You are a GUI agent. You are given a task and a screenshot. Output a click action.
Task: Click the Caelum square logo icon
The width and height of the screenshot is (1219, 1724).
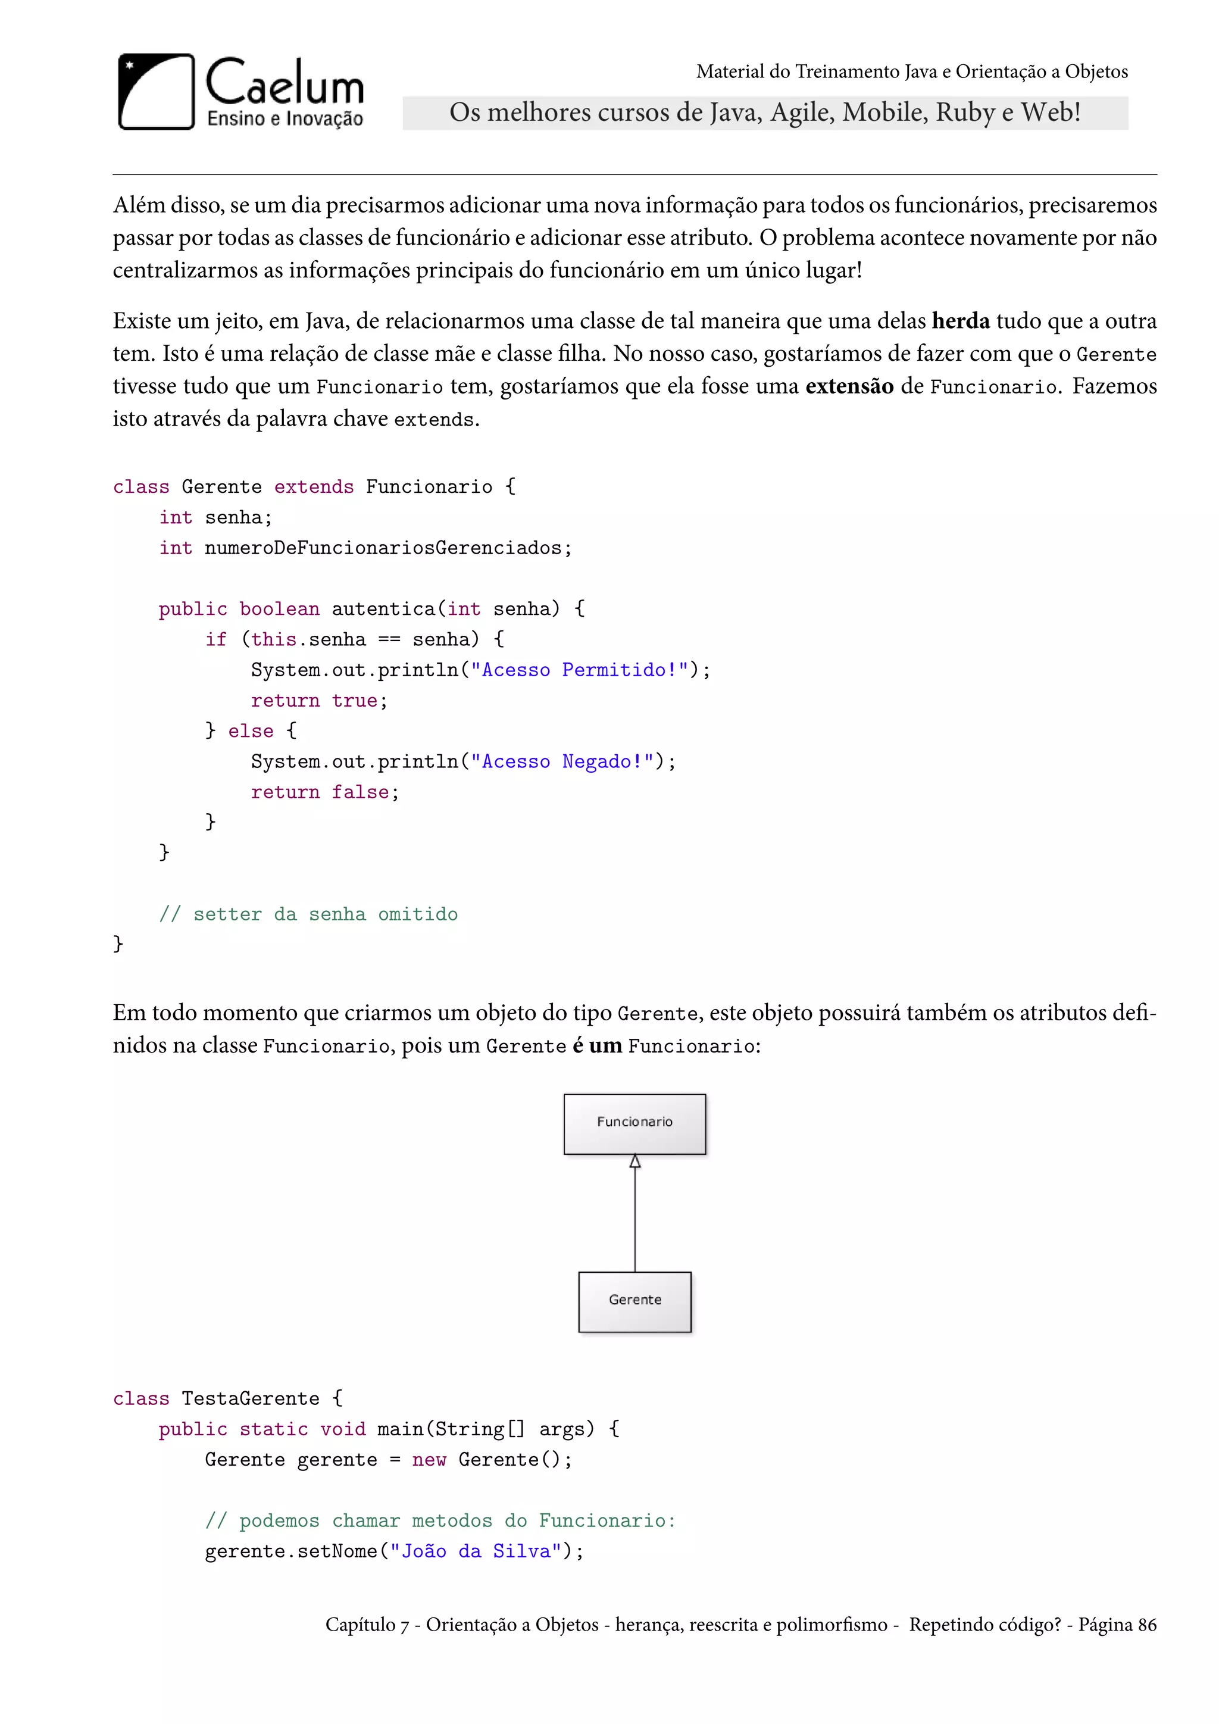coord(156,92)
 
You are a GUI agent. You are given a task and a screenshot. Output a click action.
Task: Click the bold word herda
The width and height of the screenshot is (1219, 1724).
coord(960,321)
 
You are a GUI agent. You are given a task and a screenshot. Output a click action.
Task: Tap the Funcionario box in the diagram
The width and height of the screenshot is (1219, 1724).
coord(634,1123)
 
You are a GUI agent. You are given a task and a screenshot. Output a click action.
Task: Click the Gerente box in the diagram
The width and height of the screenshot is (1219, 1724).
coord(634,1301)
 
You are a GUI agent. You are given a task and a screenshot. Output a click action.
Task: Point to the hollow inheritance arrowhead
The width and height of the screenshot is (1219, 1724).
coord(635,1161)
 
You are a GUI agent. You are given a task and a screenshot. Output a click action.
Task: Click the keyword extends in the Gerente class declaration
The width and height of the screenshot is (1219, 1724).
coord(314,486)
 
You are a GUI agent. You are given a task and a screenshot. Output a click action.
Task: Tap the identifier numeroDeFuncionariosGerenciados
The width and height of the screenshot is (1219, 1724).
coord(383,548)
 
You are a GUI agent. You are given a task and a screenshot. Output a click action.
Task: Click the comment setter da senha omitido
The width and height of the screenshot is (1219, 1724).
coord(308,914)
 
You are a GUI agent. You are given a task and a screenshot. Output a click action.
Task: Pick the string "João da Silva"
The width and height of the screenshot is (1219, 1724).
coord(476,1551)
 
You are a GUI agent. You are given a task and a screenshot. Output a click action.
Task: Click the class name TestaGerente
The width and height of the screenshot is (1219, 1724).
coord(251,1398)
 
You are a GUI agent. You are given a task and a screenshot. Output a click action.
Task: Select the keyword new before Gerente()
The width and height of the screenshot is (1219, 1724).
coord(429,1460)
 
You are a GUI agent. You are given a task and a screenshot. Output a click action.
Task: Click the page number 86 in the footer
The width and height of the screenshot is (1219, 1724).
coord(1146,1625)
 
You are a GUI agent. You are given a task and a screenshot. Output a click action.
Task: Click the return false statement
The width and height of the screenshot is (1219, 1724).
coord(324,792)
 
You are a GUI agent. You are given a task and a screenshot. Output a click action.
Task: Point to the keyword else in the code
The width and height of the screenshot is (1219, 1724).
coord(251,730)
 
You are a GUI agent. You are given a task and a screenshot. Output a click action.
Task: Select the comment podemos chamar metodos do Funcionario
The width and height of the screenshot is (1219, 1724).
coord(440,1520)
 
